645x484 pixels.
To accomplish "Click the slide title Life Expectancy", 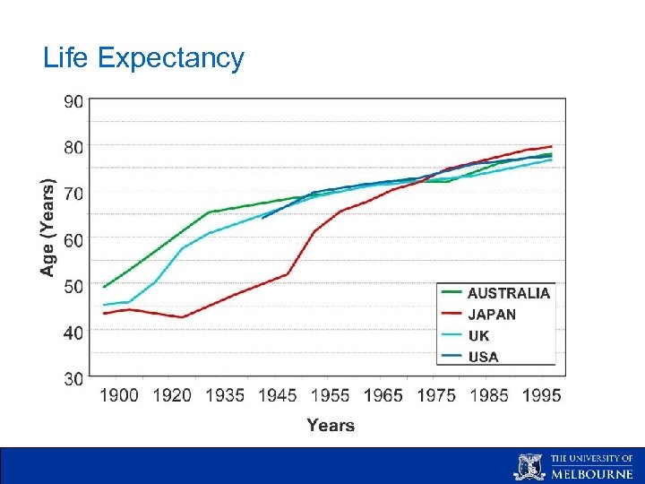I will pos(143,58).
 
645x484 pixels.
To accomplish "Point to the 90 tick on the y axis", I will pos(73,101).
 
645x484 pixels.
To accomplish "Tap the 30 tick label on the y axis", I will pos(73,378).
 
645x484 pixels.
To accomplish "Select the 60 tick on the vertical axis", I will pos(73,239).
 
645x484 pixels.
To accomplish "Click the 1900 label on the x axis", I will pos(119,395).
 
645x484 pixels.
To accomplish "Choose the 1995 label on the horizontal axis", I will pos(542,395).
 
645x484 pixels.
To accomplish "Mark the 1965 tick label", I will pos(383,395).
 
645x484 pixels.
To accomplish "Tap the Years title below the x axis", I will pos(331,426).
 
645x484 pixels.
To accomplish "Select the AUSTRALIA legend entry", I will pos(509,293).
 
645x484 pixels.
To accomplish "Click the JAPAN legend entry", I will pos(492,315).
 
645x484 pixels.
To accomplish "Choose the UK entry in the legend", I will pos(479,336).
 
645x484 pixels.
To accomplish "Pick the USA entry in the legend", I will pos(483,357).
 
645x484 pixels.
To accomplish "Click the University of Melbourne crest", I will pos(529,466).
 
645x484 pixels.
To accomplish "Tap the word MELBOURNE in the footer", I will pos(591,474).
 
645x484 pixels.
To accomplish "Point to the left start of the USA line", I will pos(262,218).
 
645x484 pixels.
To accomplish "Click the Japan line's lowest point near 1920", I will pos(183,317).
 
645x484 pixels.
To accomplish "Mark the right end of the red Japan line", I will pos(551,146).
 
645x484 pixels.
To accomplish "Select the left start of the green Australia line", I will pos(104,287).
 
